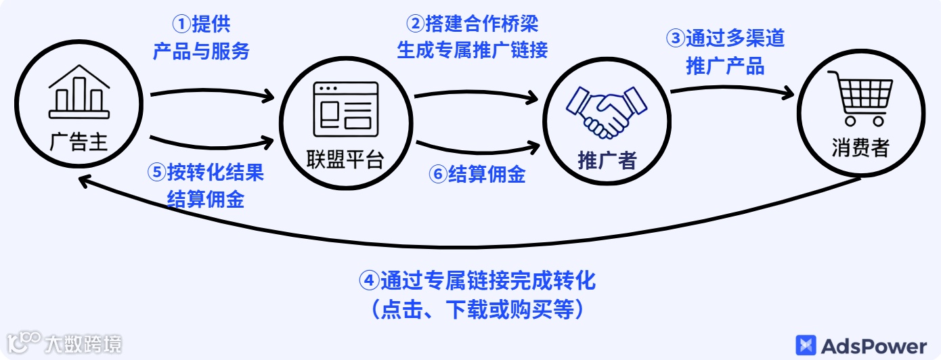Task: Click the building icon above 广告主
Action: point(79,92)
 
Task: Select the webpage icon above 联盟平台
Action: point(345,109)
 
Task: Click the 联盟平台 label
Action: point(345,160)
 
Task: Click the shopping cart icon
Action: point(861,99)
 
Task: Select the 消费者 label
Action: point(861,148)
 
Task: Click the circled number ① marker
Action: point(182,25)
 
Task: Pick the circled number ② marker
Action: point(416,24)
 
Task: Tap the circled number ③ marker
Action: point(676,39)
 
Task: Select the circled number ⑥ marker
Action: point(438,175)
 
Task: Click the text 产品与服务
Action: point(201,51)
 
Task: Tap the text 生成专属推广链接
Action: point(472,50)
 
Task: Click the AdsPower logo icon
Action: point(806,346)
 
